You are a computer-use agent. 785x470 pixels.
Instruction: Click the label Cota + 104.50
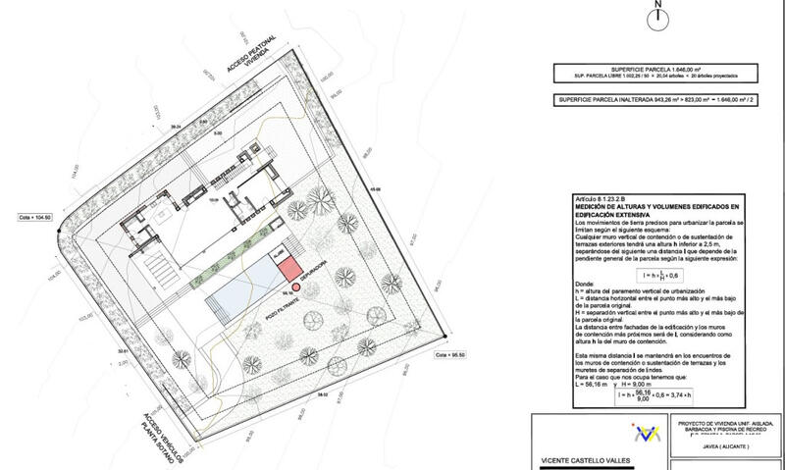click(x=36, y=218)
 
